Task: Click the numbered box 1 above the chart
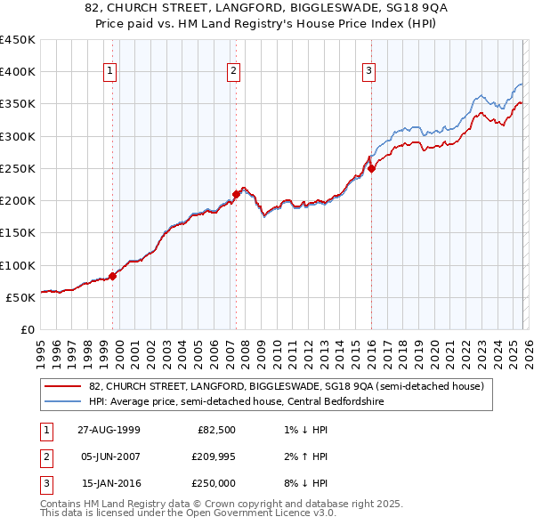(x=109, y=72)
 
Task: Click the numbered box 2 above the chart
(x=233, y=72)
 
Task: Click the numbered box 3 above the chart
(x=368, y=72)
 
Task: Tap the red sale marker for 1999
(x=113, y=276)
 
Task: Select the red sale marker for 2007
(x=236, y=194)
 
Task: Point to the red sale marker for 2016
(x=371, y=168)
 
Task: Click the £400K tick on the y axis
(x=18, y=72)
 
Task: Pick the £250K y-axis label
(x=18, y=168)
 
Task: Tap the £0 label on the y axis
(x=27, y=329)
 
